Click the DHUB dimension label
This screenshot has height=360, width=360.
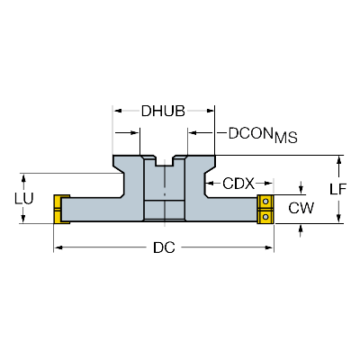[x=163, y=112]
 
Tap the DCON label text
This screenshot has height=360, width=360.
[x=251, y=133]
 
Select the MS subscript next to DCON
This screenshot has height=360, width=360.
[x=286, y=138]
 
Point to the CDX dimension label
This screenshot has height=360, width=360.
[x=238, y=184]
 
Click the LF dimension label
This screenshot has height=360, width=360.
[x=338, y=189]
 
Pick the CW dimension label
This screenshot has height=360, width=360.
[x=301, y=208]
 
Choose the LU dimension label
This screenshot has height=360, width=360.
[x=24, y=198]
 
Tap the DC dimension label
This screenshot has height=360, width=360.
[x=164, y=247]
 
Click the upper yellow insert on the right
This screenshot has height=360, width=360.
[x=265, y=202]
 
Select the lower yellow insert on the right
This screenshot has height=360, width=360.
[x=265, y=216]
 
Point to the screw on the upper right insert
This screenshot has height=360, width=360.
[x=265, y=202]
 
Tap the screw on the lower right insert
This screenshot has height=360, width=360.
[x=265, y=216]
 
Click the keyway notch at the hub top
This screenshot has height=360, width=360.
[x=165, y=160]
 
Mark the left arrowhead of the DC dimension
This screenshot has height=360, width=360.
[x=58, y=247]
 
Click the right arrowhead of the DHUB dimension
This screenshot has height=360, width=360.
[x=210, y=111]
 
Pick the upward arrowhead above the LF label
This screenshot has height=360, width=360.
[x=339, y=160]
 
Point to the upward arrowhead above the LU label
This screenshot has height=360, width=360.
[x=23, y=178]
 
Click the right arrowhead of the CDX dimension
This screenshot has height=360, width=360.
[x=269, y=183]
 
